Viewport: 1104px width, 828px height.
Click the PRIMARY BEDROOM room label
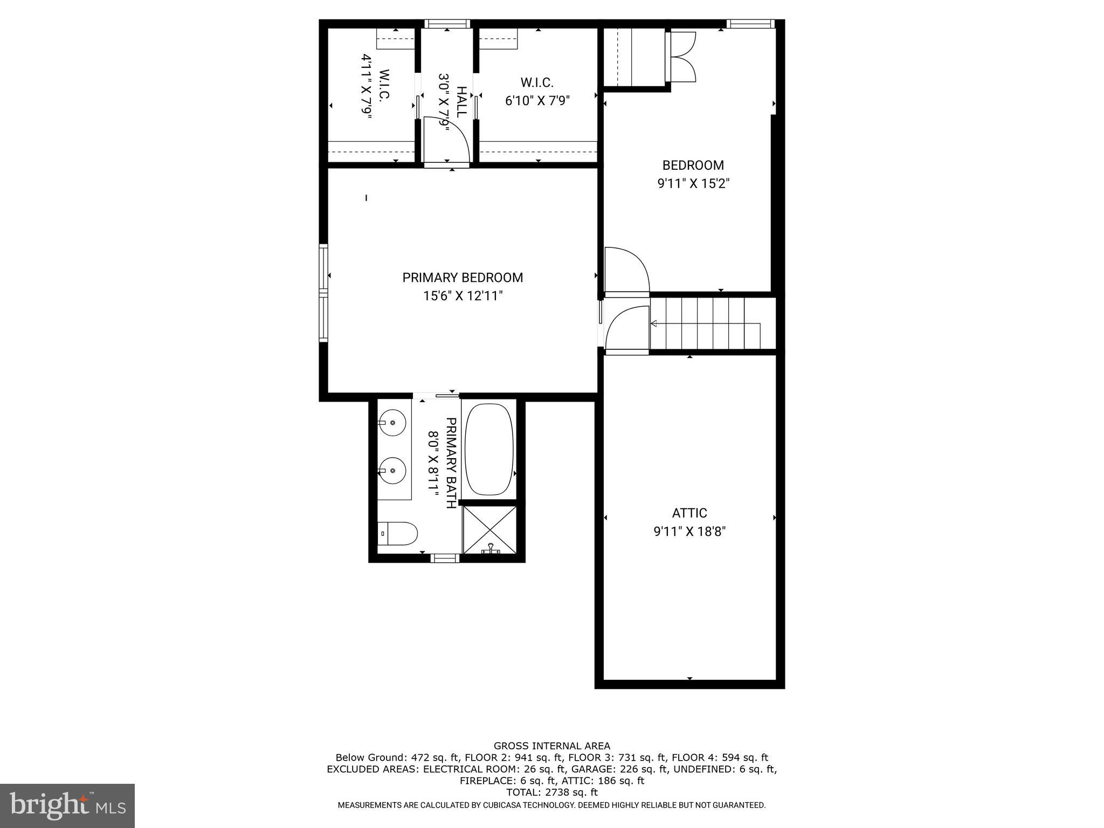(463, 278)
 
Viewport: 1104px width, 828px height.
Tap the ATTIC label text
(689, 513)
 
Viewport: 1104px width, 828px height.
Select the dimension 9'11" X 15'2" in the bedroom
(693, 184)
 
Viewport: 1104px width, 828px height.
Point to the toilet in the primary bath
(397, 534)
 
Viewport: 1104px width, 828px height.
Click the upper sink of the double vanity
(392, 423)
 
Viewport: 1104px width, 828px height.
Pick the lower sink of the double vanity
(392, 470)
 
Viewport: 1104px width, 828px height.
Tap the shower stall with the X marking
(489, 529)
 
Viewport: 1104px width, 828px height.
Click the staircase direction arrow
(654, 323)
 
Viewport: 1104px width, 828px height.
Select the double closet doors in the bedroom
(682, 57)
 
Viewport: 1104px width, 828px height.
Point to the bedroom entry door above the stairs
(627, 270)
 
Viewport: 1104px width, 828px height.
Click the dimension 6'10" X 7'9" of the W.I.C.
(537, 101)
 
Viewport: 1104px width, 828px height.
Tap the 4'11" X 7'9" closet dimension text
(367, 85)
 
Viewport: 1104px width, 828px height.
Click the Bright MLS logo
(67, 805)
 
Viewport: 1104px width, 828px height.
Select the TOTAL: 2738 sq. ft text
(551, 792)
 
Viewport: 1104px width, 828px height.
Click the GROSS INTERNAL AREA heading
(551, 746)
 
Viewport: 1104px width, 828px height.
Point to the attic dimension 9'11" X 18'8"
(689, 532)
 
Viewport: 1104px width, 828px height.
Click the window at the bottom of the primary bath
(445, 558)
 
